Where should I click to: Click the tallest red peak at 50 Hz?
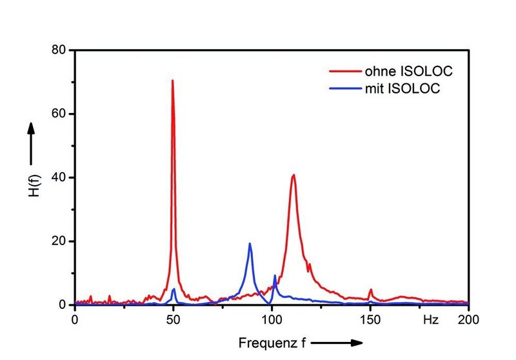tap(173, 81)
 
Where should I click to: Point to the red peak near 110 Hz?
tap(293, 175)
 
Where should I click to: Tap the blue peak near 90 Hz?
tap(250, 244)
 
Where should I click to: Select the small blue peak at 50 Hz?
tap(174, 289)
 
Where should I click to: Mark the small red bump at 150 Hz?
tap(371, 290)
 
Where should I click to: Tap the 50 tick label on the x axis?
tap(174, 319)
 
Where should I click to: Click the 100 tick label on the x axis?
tap(272, 319)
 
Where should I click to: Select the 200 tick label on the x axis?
tap(468, 319)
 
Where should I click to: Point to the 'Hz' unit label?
tap(430, 319)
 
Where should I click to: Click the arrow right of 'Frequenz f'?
tap(332, 342)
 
